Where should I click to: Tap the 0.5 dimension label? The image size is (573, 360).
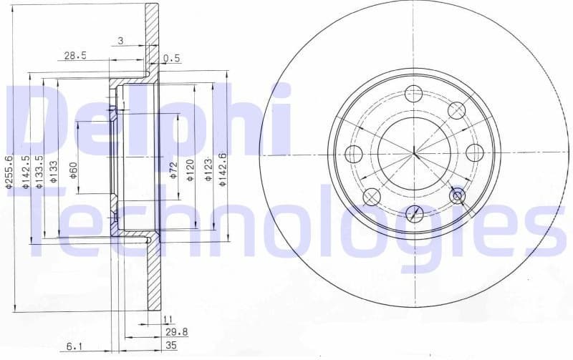[171, 58]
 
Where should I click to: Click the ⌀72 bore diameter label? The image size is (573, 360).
[173, 170]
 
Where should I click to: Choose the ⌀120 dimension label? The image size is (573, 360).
[191, 170]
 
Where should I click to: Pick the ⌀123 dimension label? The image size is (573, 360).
[209, 170]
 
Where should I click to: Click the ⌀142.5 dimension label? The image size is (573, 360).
[26, 172]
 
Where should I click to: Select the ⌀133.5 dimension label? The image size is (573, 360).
[40, 172]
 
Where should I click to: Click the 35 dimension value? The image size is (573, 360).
[171, 345]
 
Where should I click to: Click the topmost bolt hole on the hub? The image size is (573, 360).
[414, 93]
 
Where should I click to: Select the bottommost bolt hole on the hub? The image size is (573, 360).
[414, 213]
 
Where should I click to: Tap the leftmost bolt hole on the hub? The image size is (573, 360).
[354, 153]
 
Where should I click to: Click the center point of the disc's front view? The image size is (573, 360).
[414, 152]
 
